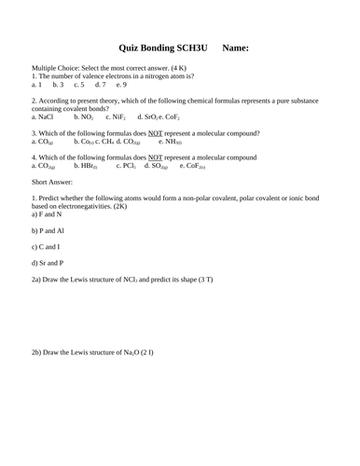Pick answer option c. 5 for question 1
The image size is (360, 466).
pos(79,85)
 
